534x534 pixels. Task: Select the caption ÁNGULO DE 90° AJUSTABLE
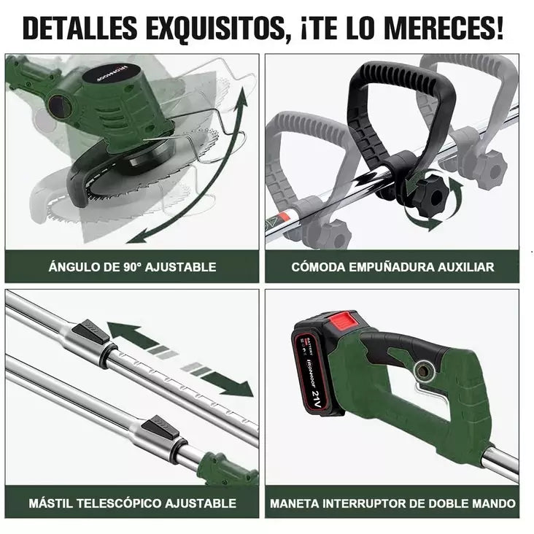[x=132, y=267]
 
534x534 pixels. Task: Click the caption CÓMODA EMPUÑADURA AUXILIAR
[x=392, y=267]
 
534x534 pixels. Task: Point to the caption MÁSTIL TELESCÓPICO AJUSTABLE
[x=132, y=503]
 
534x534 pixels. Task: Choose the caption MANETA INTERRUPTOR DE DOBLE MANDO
[x=392, y=503]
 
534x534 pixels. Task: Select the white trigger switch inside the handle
[x=430, y=394]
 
